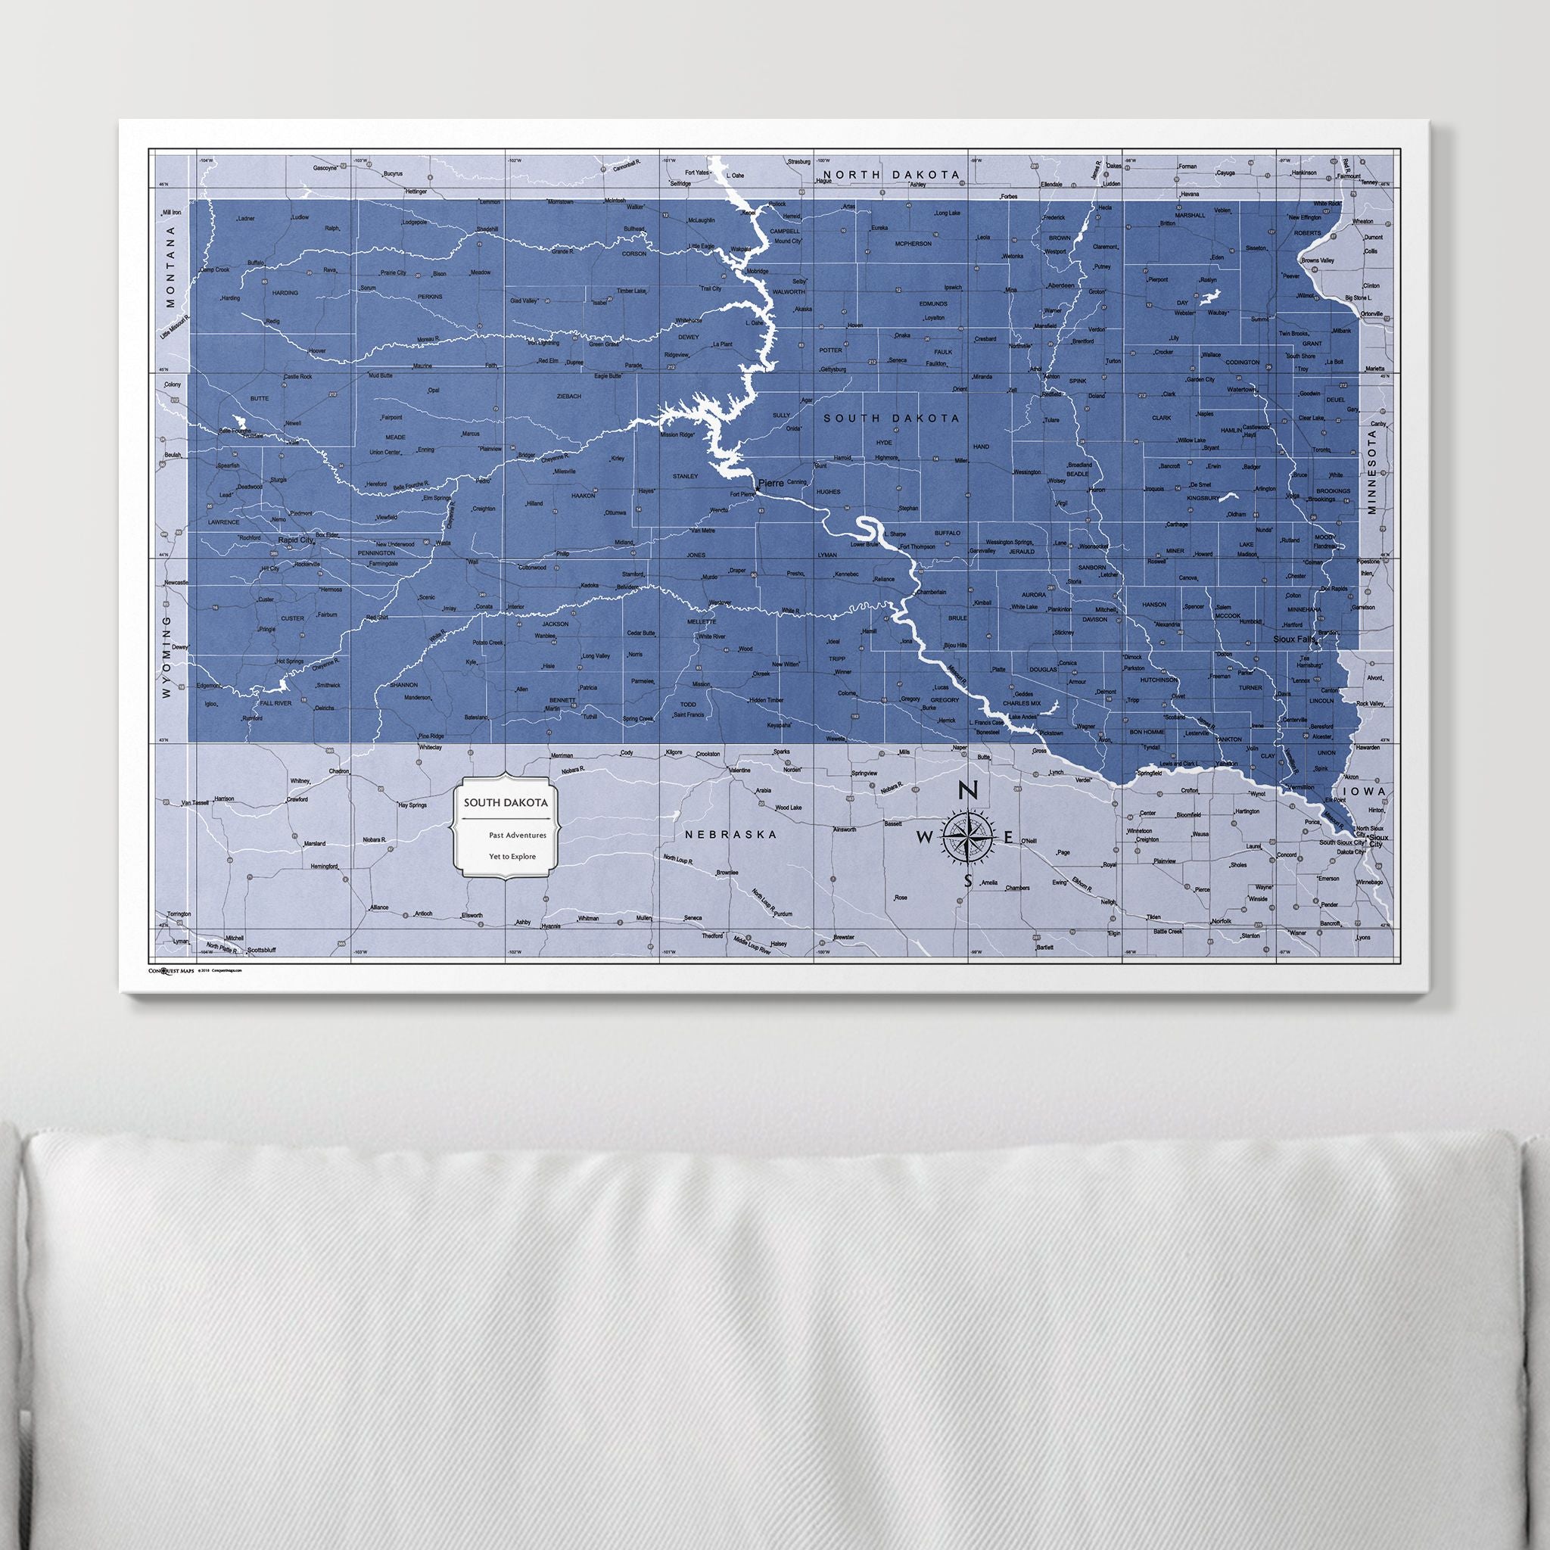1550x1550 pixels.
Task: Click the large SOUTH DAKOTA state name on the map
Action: pyautogui.click(x=892, y=418)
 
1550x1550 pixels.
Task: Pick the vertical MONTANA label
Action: pyautogui.click(x=170, y=267)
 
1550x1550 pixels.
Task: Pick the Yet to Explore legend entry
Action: pyautogui.click(x=512, y=856)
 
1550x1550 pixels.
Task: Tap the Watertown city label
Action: pyautogui.click(x=1240, y=389)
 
